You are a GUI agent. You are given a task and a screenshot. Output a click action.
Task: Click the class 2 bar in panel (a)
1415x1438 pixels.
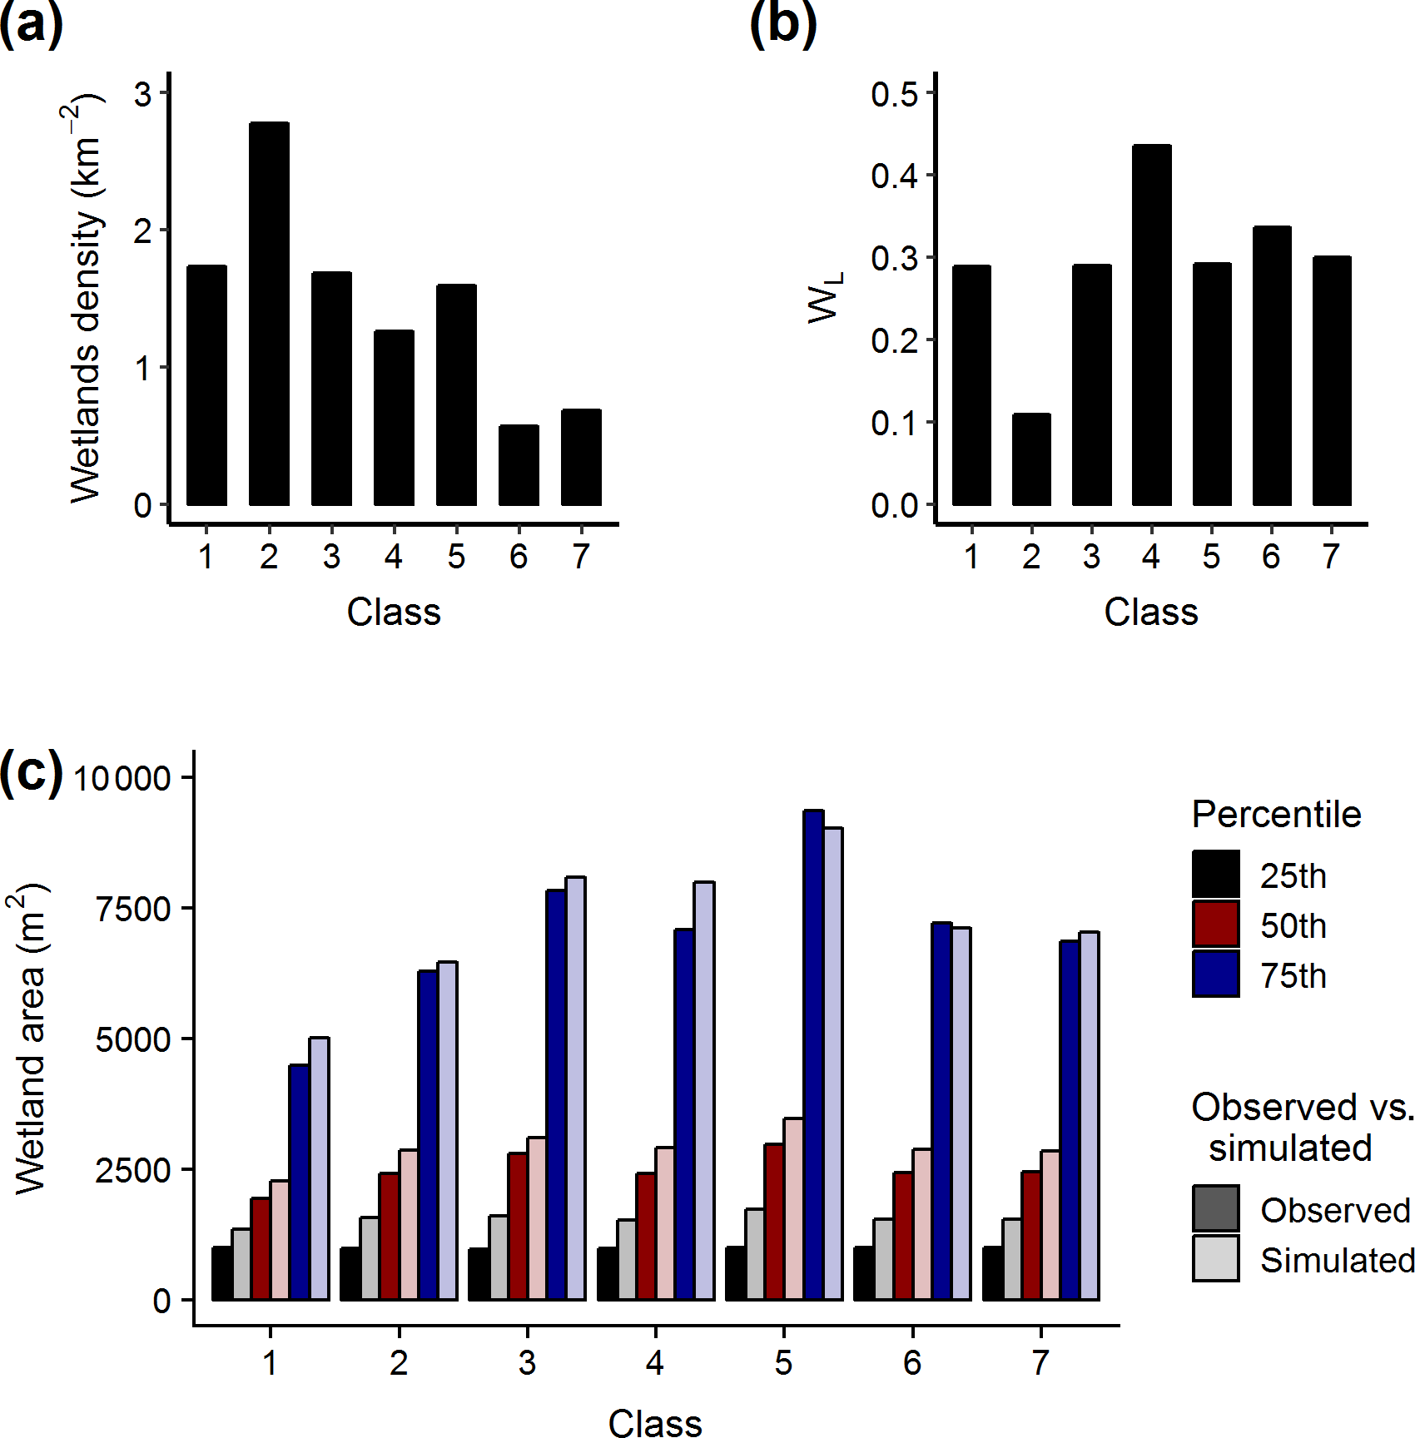coord(269,314)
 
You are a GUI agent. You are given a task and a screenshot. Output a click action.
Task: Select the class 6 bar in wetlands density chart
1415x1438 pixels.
coord(519,465)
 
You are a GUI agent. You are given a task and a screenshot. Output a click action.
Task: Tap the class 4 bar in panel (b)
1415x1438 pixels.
coord(1151,325)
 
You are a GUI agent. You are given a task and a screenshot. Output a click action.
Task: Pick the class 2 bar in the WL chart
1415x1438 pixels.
coord(1031,459)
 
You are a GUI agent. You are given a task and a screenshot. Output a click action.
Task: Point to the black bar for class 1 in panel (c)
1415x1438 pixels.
coord(221,1273)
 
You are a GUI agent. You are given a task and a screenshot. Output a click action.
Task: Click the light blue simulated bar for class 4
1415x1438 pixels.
coord(703,1090)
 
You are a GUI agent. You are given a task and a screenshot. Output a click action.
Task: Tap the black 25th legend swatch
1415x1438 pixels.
coord(1215,874)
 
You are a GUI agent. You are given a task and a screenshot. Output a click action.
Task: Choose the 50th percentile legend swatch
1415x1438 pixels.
coord(1215,925)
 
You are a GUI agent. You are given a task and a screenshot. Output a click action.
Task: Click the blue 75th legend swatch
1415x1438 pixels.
coord(1215,974)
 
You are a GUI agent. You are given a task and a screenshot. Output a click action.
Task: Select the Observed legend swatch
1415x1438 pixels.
coord(1215,1208)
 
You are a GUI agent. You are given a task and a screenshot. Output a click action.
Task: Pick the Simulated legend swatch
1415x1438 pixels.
coord(1215,1258)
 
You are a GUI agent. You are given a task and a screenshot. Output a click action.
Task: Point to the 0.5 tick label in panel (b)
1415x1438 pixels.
coord(894,94)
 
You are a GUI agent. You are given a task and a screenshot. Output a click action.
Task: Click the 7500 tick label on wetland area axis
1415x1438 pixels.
coord(133,909)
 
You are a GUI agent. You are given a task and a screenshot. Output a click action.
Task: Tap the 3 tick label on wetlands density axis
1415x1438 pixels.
coord(143,94)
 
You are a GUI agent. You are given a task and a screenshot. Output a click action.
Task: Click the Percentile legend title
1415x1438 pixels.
coord(1276,814)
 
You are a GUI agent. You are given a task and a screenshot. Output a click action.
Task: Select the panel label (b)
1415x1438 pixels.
coord(782,23)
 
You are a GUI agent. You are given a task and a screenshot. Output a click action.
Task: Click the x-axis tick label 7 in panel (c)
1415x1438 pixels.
coord(1040,1363)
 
